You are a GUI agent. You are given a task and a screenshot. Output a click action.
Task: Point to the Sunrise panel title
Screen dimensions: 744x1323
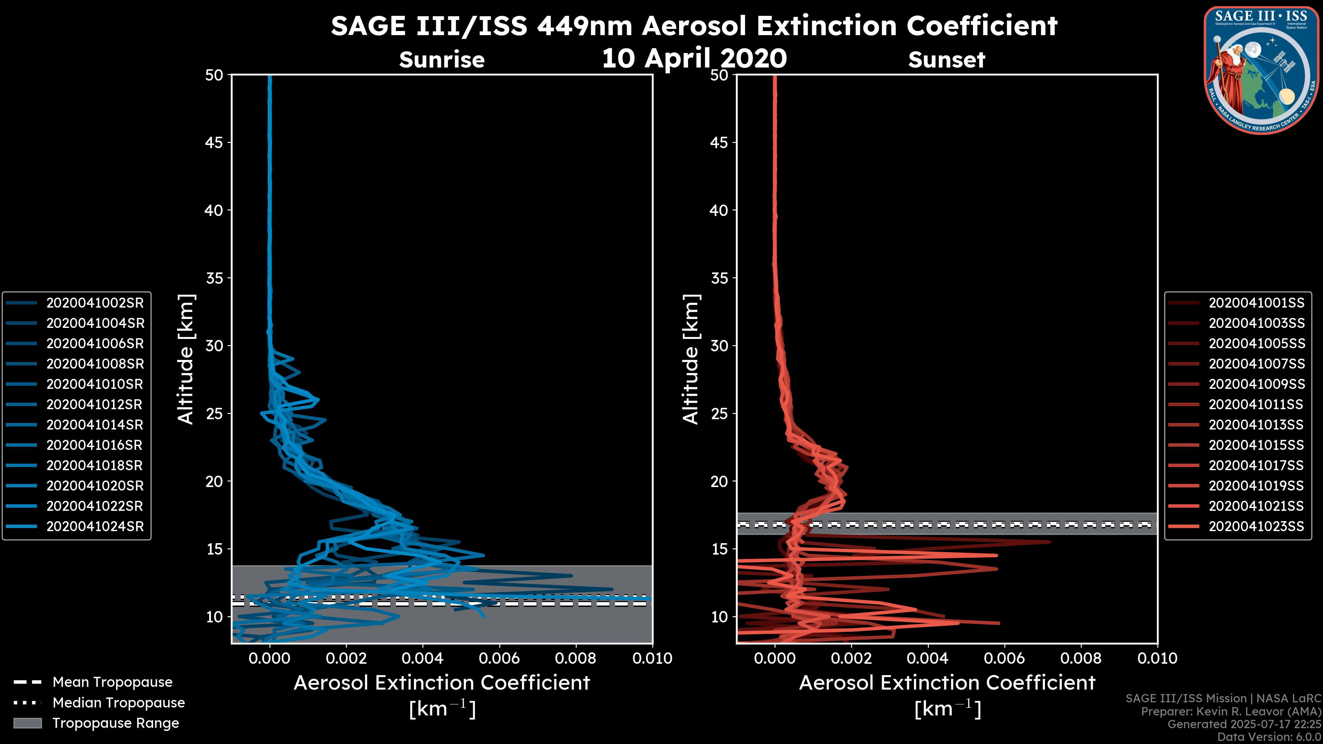(x=442, y=60)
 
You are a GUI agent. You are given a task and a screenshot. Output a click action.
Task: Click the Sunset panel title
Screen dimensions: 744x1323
(x=946, y=60)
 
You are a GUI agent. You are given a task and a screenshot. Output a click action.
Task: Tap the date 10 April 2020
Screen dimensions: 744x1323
(x=694, y=58)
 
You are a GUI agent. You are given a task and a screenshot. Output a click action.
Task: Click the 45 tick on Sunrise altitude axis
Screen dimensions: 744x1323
(x=214, y=142)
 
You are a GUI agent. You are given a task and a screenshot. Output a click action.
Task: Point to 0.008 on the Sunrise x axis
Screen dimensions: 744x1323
(x=576, y=658)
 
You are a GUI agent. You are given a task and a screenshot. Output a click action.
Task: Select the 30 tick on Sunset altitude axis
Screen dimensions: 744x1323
(x=719, y=345)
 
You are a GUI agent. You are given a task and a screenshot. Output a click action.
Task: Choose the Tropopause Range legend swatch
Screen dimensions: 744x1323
(x=27, y=723)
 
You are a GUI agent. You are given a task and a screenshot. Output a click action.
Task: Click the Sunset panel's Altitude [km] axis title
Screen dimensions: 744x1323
(x=691, y=359)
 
